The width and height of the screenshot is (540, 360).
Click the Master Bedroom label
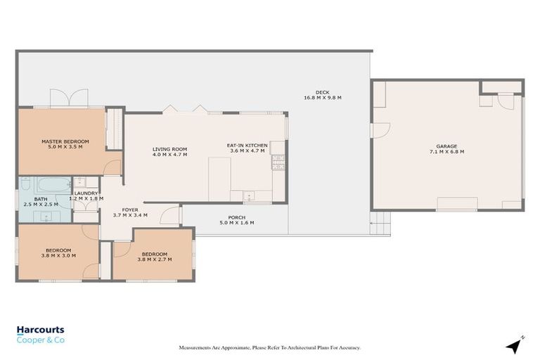pyautogui.click(x=60, y=141)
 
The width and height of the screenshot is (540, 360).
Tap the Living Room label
pyautogui.click(x=169, y=149)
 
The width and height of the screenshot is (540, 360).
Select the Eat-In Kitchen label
pyautogui.click(x=247, y=146)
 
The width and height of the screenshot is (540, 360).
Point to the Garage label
pyautogui.click(x=446, y=146)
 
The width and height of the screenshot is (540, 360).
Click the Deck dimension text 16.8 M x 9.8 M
pyautogui.click(x=322, y=98)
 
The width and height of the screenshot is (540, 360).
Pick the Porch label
pyautogui.click(x=236, y=217)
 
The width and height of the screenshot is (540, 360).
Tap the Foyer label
pyautogui.click(x=130, y=210)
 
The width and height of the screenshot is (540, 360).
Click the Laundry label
pyautogui.click(x=86, y=193)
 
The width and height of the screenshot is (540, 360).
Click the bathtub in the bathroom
pyautogui.click(x=45, y=188)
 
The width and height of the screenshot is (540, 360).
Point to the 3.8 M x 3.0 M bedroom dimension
pyautogui.click(x=58, y=255)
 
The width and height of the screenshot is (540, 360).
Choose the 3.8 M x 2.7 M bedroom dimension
pyautogui.click(x=154, y=259)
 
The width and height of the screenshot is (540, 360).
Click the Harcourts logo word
pyautogui.click(x=40, y=329)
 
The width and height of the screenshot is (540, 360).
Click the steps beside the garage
pyautogui.click(x=380, y=224)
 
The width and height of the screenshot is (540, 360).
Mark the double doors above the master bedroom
pyautogui.click(x=69, y=98)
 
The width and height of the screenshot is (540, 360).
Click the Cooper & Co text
pyautogui.click(x=41, y=340)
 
